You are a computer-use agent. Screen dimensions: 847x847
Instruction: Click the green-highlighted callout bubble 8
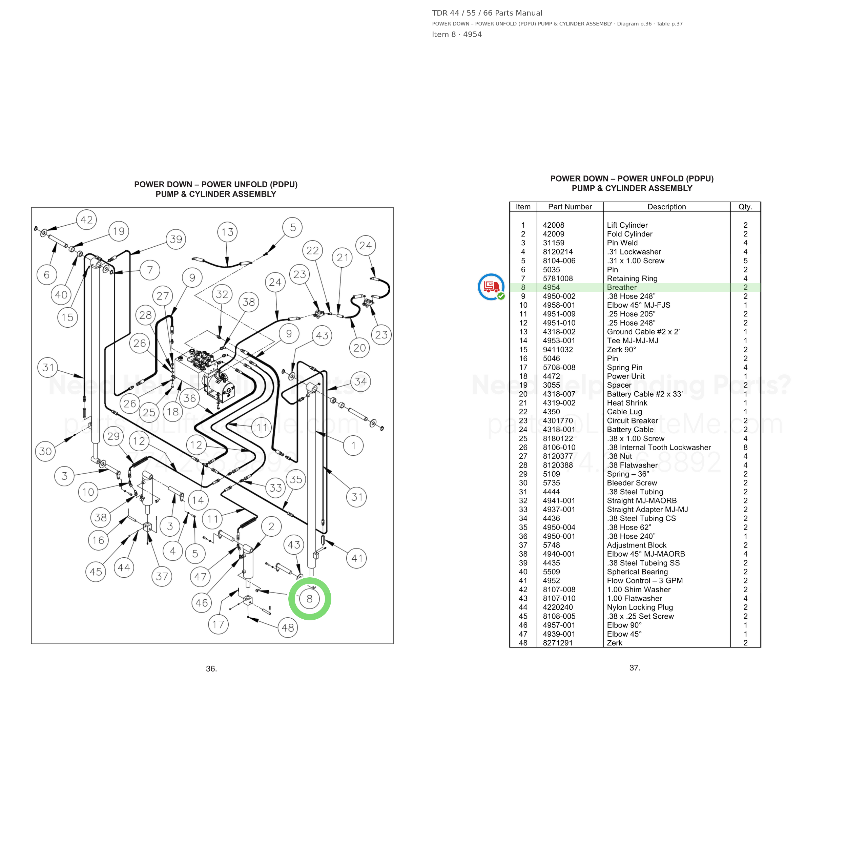(x=310, y=599)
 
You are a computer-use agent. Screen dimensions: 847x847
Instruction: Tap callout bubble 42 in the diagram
(x=86, y=220)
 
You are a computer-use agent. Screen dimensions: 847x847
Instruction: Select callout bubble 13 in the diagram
(x=227, y=232)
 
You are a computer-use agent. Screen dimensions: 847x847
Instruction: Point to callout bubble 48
(x=288, y=628)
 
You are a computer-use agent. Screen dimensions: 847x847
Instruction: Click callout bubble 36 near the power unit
(x=189, y=398)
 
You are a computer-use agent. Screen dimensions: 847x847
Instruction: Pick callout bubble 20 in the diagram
(x=359, y=348)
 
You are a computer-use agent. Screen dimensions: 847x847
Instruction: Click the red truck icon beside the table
(x=491, y=287)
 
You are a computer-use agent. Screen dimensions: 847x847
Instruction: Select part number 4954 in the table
(x=551, y=288)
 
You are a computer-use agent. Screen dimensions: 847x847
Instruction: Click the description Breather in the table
(x=622, y=288)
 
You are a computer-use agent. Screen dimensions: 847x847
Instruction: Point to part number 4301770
(x=558, y=421)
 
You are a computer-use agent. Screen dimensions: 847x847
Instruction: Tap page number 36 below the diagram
(x=211, y=668)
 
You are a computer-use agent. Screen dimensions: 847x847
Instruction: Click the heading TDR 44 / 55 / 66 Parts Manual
(x=487, y=13)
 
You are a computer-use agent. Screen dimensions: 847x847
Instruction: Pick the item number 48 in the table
(x=523, y=643)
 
